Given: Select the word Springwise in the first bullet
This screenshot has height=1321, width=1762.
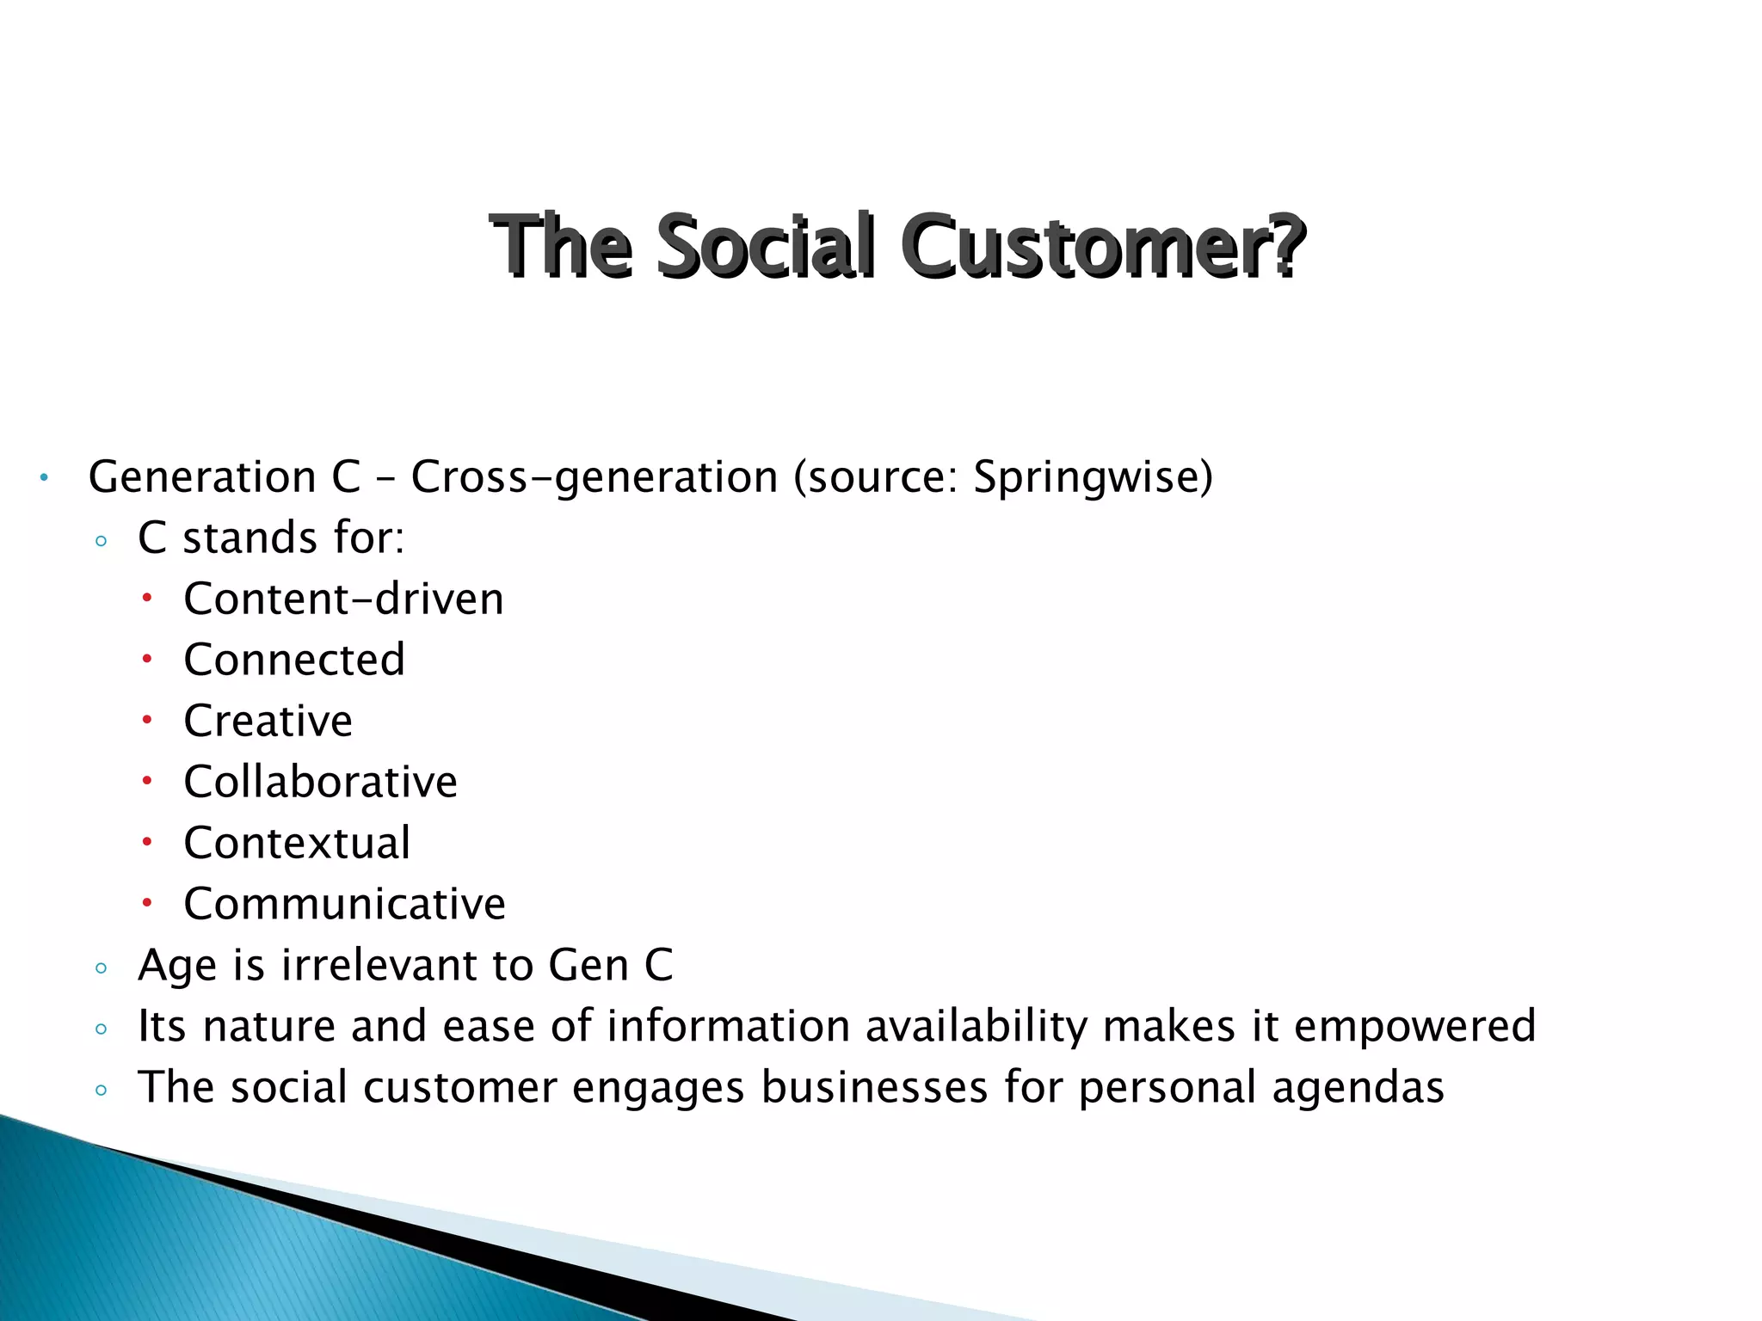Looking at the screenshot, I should [1087, 476].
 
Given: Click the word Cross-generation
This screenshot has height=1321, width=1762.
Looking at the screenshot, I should [594, 476].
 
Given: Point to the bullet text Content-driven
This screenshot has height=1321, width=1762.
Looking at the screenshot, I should [343, 599].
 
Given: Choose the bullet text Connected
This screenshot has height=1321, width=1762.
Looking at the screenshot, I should [294, 660].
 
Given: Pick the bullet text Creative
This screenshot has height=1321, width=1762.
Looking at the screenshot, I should [268, 721].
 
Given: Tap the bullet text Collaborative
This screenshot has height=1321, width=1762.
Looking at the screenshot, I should [320, 782].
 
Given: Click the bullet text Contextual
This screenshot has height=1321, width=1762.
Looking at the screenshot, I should [297, 843].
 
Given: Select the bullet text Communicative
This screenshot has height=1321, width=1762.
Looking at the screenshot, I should [344, 904].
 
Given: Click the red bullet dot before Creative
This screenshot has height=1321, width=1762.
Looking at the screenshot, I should [147, 720].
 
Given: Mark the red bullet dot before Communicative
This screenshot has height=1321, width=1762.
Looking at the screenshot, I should [147, 903].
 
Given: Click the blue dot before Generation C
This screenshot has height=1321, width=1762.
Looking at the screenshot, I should [43, 478].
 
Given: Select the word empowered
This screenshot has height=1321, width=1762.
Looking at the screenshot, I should [1414, 1026].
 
